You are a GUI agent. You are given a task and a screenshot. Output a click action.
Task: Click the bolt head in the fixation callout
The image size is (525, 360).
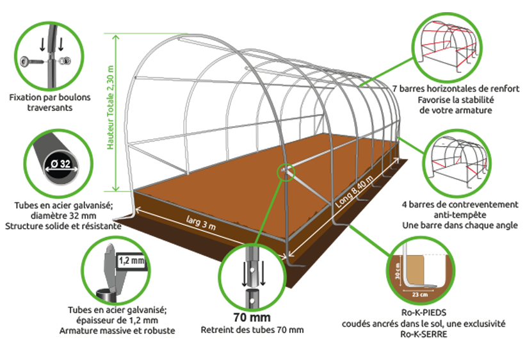[x=26, y=61]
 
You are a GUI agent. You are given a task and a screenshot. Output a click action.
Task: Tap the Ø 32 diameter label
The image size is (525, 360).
[x=61, y=164]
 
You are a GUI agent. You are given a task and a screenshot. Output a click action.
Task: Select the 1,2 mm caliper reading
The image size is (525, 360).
[x=132, y=260]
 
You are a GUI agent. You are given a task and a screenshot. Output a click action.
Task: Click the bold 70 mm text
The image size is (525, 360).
[x=252, y=317]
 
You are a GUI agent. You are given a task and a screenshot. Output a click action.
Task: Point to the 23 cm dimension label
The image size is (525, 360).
[x=420, y=295]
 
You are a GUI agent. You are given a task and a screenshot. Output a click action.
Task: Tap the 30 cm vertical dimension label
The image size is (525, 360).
[x=398, y=270]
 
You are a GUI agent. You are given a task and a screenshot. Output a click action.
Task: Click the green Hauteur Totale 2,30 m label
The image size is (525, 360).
[x=111, y=108]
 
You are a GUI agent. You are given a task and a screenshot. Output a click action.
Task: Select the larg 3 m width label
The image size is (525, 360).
[x=201, y=223]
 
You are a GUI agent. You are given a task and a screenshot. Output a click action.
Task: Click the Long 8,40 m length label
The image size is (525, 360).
[x=354, y=192]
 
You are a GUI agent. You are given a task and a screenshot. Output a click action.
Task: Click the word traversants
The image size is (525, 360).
[x=50, y=108]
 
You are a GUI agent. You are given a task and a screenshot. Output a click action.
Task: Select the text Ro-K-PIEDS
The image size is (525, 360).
[x=424, y=313]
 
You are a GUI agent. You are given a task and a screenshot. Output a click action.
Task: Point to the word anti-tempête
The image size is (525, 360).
[x=460, y=215]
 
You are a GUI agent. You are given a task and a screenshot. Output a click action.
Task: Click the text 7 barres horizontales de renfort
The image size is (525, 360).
[x=456, y=89]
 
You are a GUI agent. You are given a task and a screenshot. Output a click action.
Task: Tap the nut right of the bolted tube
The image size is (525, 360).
[x=65, y=61]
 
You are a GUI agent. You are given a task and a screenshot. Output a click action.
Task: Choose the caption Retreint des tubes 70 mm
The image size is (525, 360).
[x=252, y=330]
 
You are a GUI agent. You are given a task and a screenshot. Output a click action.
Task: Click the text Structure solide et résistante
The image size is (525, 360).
[x=63, y=226]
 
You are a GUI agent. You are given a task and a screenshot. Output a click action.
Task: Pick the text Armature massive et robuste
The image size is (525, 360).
[x=117, y=331]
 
